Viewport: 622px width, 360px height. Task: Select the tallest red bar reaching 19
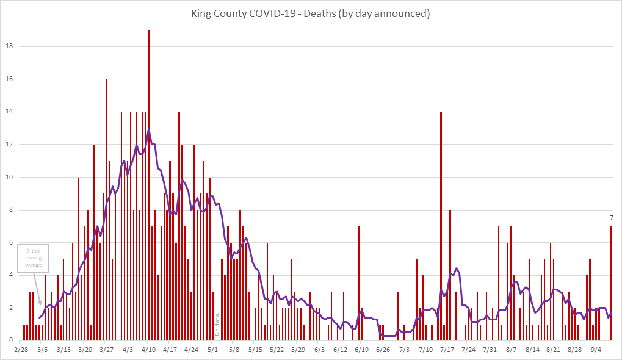pyautogui.click(x=149, y=183)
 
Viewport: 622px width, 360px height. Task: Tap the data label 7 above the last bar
pyautogui.click(x=611, y=218)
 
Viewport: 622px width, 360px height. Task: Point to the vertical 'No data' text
pyautogui.click(x=217, y=325)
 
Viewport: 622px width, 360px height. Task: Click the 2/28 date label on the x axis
pyautogui.click(x=21, y=350)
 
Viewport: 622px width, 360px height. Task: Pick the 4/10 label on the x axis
pyautogui.click(x=149, y=350)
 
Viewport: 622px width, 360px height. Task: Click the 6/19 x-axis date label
pyautogui.click(x=361, y=350)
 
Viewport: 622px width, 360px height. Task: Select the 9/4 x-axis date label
pyautogui.click(x=596, y=350)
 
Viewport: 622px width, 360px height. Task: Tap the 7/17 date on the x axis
pyautogui.click(x=447, y=350)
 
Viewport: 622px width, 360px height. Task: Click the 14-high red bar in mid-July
pyautogui.click(x=441, y=226)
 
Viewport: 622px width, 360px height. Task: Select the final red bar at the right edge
pyautogui.click(x=611, y=283)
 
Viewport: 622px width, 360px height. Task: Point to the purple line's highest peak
pyautogui.click(x=149, y=129)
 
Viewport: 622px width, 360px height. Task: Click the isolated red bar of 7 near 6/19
pyautogui.click(x=359, y=283)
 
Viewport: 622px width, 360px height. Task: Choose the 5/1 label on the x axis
pyautogui.click(x=213, y=350)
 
